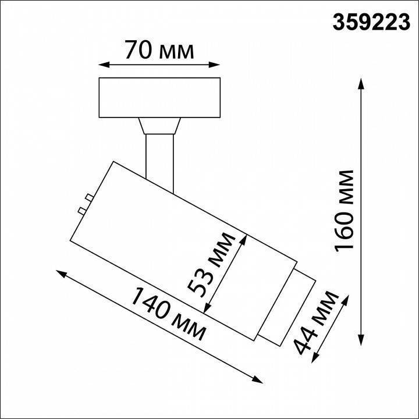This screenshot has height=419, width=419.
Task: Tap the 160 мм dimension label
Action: click(x=345, y=210)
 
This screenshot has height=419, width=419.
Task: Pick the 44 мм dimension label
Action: click(x=317, y=324)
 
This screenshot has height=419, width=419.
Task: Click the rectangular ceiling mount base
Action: click(x=160, y=97)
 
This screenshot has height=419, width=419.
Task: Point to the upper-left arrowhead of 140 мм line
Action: click(x=60, y=272)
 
